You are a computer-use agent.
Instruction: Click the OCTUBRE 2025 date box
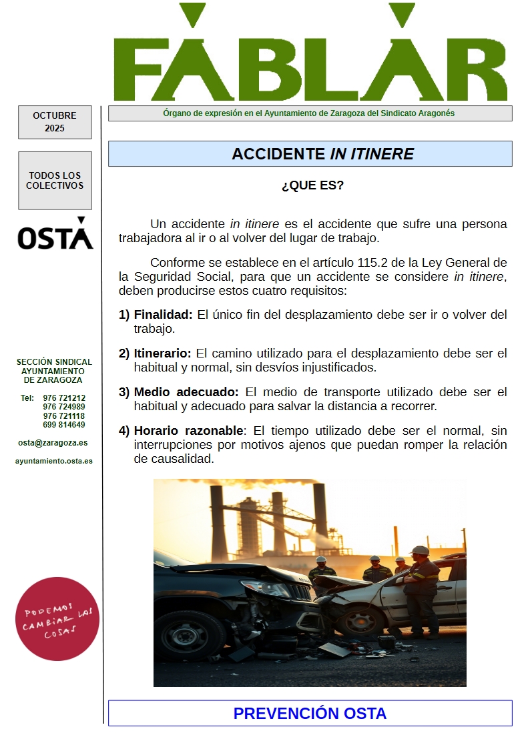click(55, 122)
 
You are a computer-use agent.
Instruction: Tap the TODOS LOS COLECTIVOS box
click(55, 181)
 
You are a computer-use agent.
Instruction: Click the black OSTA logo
click(55, 234)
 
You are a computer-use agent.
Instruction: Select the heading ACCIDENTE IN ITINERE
click(322, 154)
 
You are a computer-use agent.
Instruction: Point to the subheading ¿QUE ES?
click(312, 185)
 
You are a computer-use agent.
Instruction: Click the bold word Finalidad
click(163, 315)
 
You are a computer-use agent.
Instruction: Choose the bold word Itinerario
click(162, 353)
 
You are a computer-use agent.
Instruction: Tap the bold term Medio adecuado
click(186, 392)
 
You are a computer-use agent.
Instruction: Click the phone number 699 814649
click(64, 425)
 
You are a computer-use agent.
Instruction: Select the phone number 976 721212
click(64, 398)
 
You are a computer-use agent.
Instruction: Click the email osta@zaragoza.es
click(53, 443)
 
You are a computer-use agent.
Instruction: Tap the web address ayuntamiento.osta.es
click(54, 461)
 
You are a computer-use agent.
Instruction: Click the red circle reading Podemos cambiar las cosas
click(57, 619)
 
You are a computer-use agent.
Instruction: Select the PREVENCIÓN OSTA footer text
click(310, 714)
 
